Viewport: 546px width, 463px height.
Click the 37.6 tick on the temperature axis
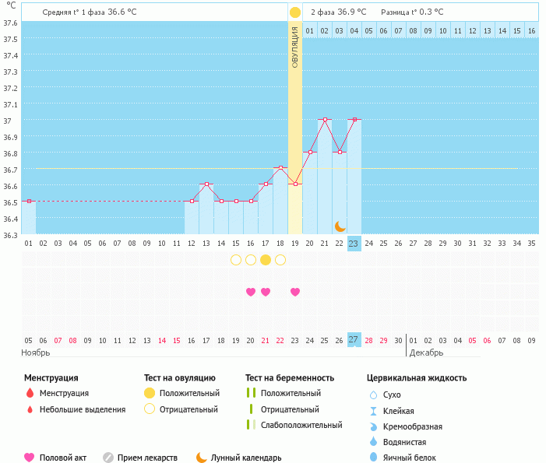11,23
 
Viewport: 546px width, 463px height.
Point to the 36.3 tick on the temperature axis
11,234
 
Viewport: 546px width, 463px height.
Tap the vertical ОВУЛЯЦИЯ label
295,47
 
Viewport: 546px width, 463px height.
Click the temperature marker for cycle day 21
325,120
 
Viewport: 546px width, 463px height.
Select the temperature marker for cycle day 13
206,184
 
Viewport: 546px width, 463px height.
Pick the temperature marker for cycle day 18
280,168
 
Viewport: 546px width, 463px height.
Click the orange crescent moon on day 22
340,226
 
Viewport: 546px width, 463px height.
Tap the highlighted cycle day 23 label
354,244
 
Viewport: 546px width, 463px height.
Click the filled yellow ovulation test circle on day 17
266,260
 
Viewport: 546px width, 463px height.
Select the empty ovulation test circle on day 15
236,260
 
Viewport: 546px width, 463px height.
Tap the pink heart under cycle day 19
295,292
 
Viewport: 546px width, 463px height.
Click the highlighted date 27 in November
354,340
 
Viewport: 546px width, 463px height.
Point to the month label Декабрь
426,353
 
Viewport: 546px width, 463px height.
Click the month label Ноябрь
35,353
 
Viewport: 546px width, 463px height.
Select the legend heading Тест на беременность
289,378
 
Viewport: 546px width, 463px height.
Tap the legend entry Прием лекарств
147,458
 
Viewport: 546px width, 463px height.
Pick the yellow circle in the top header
295,12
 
